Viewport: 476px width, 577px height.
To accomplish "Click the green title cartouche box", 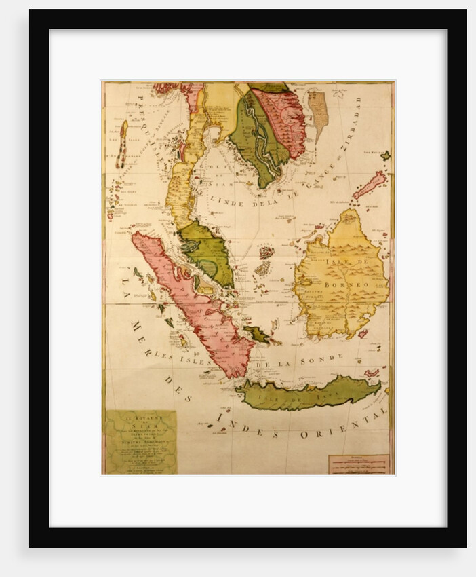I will (140, 441).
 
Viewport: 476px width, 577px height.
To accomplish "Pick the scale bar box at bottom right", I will (358, 464).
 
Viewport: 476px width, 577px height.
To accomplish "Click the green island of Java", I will (309, 393).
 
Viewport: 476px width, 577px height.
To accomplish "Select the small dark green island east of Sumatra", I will (258, 333).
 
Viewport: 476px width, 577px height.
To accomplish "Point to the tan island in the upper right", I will (317, 111).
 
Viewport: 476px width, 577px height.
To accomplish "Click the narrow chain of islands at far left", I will (122, 144).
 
